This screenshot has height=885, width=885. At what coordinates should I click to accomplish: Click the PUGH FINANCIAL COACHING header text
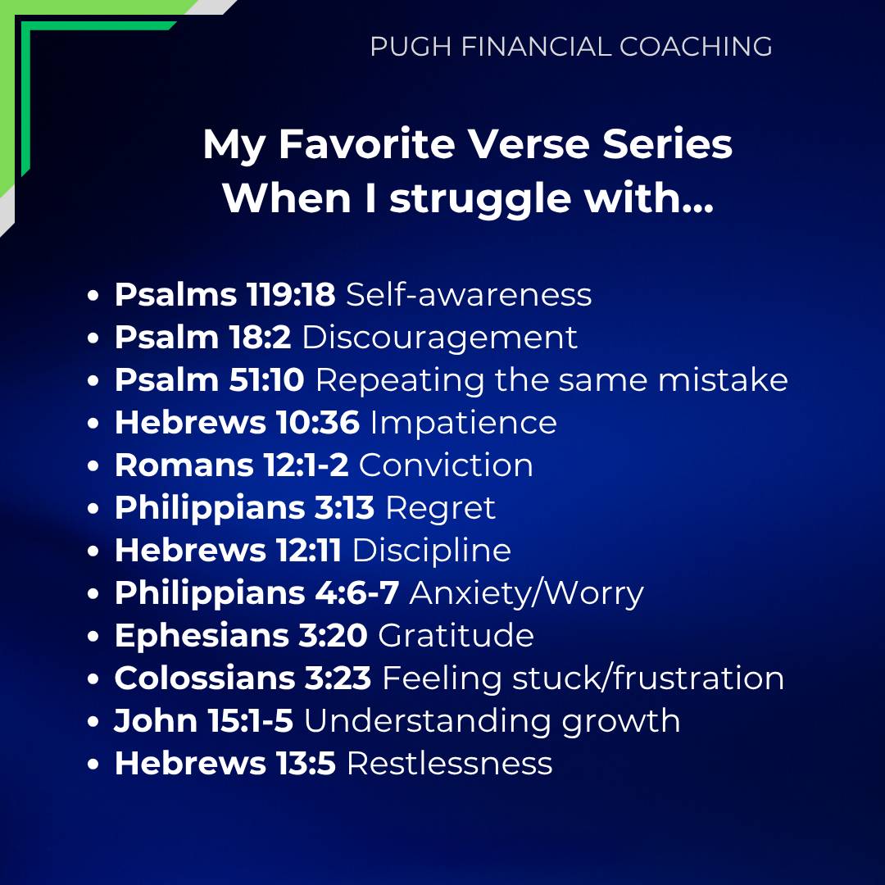coord(570,46)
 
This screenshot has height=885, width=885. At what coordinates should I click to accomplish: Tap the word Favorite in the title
coord(367,144)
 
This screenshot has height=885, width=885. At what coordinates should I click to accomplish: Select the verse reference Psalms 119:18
coord(225,294)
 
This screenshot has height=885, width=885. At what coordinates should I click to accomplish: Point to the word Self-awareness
coord(469,294)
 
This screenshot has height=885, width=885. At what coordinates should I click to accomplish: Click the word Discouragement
coord(440,338)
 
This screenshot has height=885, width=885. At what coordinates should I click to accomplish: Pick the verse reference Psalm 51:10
coord(210,379)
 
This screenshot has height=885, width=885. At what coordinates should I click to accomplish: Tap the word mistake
coord(723,379)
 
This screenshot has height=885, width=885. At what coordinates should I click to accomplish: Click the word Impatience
coord(463,424)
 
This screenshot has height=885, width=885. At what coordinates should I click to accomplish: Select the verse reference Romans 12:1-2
coord(231,465)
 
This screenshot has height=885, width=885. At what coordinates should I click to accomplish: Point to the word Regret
coord(440,509)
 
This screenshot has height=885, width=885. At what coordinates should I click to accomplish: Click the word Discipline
coord(432,551)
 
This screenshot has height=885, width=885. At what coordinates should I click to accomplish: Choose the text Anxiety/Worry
coord(526,594)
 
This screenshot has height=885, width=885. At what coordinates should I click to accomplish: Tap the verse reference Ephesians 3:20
coord(241,636)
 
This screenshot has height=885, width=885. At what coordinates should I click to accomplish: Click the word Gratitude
coord(456,636)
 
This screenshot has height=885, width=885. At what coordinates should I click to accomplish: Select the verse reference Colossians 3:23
coord(243,678)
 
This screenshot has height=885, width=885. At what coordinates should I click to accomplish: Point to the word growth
coord(621,722)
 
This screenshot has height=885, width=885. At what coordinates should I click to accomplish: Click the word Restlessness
coord(449,764)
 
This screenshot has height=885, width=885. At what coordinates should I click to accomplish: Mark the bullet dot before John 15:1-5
coord(93,722)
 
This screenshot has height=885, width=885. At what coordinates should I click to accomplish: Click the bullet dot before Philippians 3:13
coord(93,509)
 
